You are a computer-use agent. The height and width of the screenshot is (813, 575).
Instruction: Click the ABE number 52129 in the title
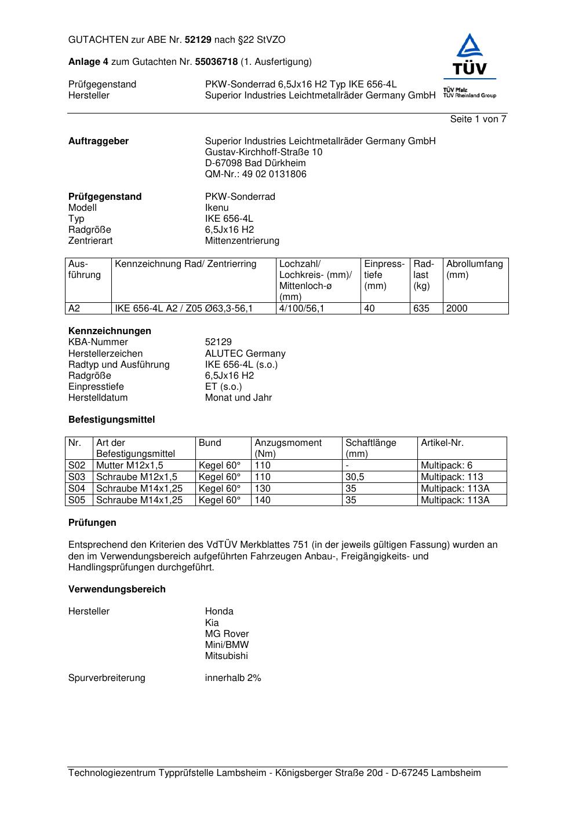[x=199, y=40]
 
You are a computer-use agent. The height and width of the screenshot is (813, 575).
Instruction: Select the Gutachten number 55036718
[x=216, y=61]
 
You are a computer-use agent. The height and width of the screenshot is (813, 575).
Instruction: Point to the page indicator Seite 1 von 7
[x=478, y=119]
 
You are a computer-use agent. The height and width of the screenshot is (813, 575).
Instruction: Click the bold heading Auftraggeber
[x=99, y=141]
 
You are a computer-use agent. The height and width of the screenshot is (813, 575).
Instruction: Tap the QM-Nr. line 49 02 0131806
[x=256, y=174]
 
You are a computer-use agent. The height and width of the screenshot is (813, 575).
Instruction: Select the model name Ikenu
[x=217, y=208]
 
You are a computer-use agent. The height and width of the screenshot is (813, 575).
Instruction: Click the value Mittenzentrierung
[x=242, y=241]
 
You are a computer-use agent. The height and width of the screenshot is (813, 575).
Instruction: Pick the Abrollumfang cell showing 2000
[x=457, y=309]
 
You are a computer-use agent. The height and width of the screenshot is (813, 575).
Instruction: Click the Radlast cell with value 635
[x=421, y=309]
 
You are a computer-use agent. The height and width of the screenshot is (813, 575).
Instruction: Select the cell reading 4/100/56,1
[x=301, y=309]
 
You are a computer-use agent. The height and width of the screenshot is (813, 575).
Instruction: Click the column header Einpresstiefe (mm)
[x=384, y=274]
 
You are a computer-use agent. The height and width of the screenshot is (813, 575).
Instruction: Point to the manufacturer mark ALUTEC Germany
[x=245, y=354]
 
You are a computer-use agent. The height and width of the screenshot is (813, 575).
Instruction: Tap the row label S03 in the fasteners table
[x=77, y=477]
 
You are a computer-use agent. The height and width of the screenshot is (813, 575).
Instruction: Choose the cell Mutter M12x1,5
[x=129, y=466]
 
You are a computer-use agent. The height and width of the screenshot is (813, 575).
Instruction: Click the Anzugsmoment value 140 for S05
[x=263, y=500]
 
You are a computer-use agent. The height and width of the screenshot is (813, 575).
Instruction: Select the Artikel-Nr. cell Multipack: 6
[x=446, y=466]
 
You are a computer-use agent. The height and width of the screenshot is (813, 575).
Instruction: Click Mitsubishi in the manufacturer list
[x=226, y=656]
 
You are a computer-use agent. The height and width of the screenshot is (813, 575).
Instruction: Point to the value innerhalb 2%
[x=233, y=678]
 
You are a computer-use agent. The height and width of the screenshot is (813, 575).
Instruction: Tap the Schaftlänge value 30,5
[x=355, y=477]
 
